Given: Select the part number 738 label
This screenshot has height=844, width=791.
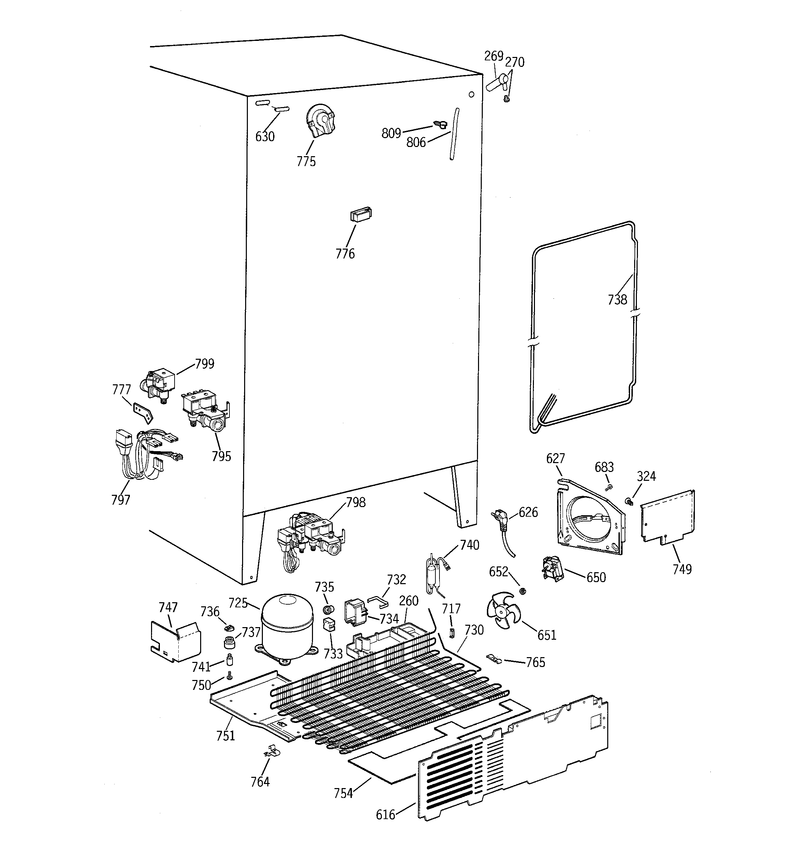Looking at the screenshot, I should (617, 300).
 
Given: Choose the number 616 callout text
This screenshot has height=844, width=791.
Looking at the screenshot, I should (385, 814).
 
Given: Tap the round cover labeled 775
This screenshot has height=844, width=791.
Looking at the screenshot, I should (320, 121).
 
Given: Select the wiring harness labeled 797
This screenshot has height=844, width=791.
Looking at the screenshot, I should (136, 454).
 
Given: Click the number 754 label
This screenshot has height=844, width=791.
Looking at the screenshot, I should (343, 793).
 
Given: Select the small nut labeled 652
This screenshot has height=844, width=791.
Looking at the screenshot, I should (523, 591).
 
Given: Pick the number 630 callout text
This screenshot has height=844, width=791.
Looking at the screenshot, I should (265, 137).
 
